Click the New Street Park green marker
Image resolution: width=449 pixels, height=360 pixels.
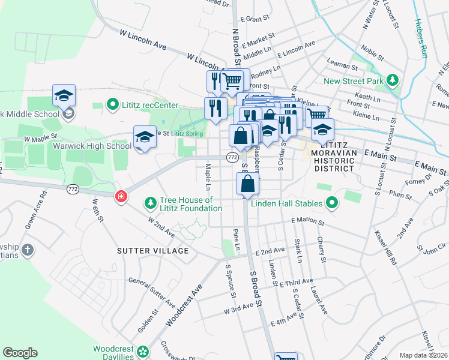(x=393, y=80)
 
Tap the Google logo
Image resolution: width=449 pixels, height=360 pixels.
(x=20, y=353)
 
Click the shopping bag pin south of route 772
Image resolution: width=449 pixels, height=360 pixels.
(x=247, y=184)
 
